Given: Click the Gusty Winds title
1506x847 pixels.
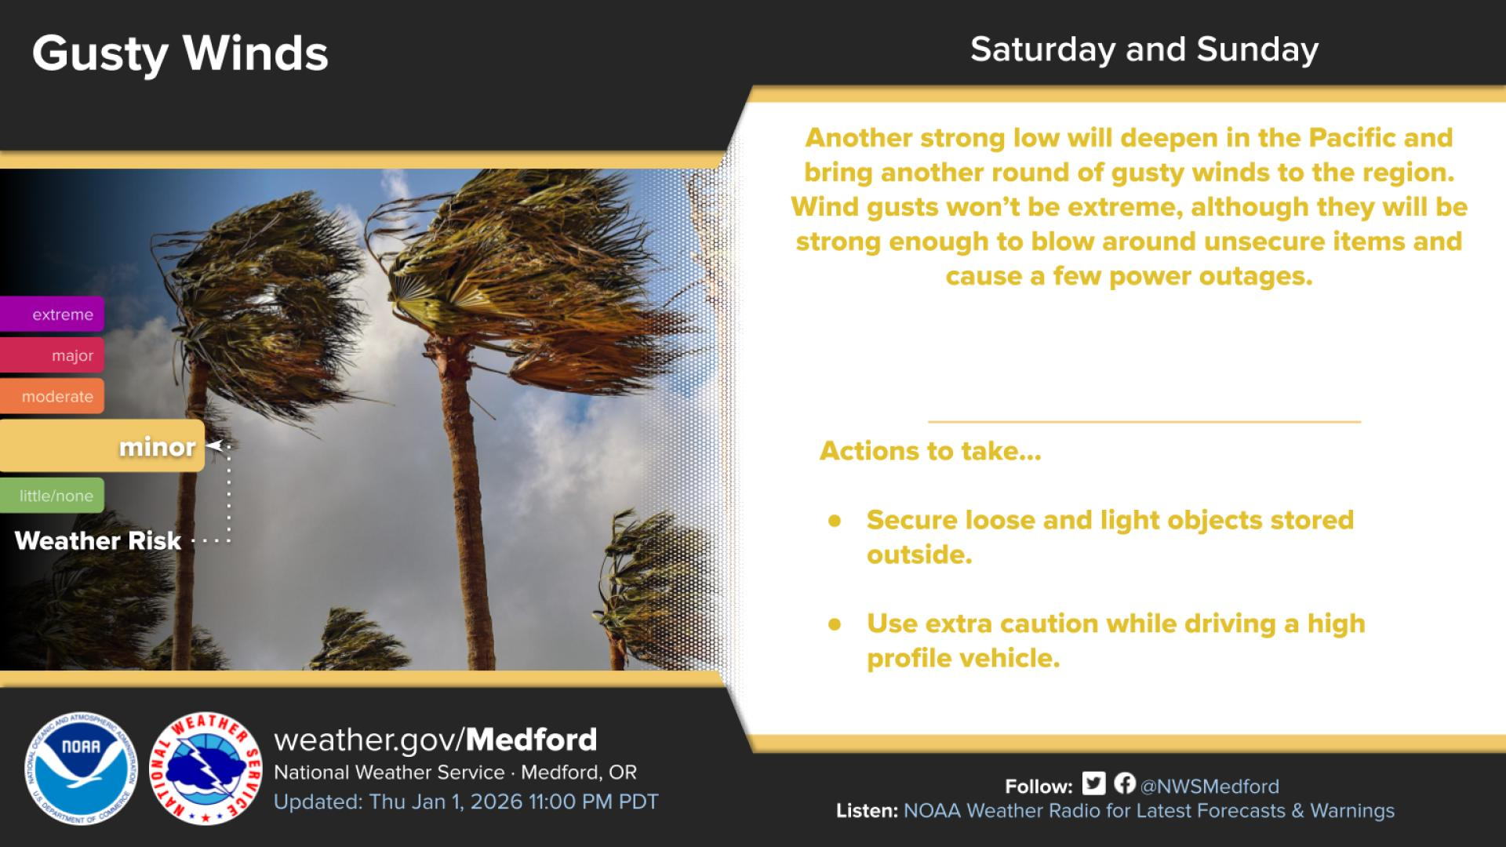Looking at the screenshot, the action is pos(180,54).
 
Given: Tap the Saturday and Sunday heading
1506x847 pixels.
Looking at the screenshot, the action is pos(1144,49).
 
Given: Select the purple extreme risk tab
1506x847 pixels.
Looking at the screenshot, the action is pos(52,314).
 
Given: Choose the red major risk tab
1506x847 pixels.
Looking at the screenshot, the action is pos(52,354).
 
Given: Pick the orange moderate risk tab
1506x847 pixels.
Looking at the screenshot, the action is pos(52,396).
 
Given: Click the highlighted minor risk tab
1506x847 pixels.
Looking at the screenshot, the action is pos(102,445).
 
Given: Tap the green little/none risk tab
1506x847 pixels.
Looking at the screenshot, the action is pos(52,495).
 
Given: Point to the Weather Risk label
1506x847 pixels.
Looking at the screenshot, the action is pos(98,540).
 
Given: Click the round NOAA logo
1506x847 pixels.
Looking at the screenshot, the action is pos(81,769).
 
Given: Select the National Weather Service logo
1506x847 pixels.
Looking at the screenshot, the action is pos(206,769).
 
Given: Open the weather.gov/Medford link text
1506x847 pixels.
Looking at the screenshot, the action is pos(435,740).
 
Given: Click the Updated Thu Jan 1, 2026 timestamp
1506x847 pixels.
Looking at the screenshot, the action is pos(466,802).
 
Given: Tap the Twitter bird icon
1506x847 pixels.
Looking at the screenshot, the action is pos(1093,783).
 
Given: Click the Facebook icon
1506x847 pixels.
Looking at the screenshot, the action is pos(1125,783).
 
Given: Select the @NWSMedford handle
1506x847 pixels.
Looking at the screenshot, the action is pos(1210,787).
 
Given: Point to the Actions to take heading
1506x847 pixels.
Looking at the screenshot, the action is pos(930,451).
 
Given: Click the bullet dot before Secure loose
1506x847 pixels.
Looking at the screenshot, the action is pos(835,520).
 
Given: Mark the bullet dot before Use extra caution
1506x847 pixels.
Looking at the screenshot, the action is pos(835,623).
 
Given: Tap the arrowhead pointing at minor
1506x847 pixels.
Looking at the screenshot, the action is pos(213,445).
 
